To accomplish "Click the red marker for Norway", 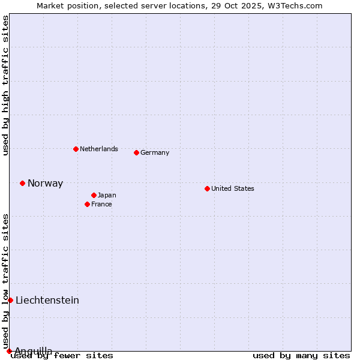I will tap(22, 183).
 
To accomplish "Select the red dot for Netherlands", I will tap(76, 149).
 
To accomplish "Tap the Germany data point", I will tap(136, 152).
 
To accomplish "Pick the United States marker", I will tap(207, 188).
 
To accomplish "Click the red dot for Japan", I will tap(94, 195).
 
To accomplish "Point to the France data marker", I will tap(87, 204).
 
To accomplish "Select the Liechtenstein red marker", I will tap(10, 300).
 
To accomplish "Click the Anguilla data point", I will tap(9, 351).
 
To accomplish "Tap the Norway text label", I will tap(45, 184).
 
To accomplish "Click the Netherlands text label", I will tap(98, 149).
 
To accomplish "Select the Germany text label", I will tap(155, 152).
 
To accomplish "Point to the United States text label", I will tap(232, 188).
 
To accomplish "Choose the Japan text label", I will tap(107, 195).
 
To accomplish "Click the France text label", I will tap(101, 204).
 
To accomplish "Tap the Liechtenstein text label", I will tap(47, 300).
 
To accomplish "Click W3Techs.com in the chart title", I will tap(295, 5).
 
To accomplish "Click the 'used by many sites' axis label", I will tap(301, 355).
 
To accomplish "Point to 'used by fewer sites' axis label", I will tap(62, 355).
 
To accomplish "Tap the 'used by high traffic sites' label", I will tap(6, 85).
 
